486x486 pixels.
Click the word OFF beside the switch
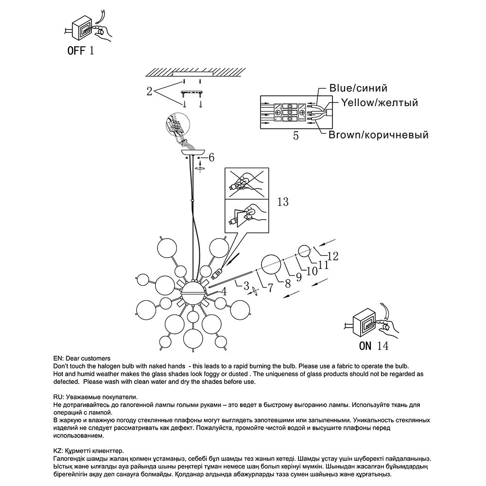(x=76, y=51)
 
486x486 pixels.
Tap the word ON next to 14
(x=365, y=346)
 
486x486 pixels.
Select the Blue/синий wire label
(x=358, y=88)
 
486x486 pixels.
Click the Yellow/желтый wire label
(x=379, y=103)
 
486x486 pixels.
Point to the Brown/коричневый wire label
(x=379, y=135)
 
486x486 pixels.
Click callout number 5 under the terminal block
(x=296, y=136)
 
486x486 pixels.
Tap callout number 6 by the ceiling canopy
(x=211, y=157)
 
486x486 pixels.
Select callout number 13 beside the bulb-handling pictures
(x=282, y=201)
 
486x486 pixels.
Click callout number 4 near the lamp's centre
(x=224, y=292)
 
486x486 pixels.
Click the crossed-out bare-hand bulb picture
(x=246, y=183)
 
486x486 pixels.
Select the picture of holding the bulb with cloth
(x=246, y=215)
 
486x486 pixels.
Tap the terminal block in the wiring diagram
(x=290, y=112)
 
